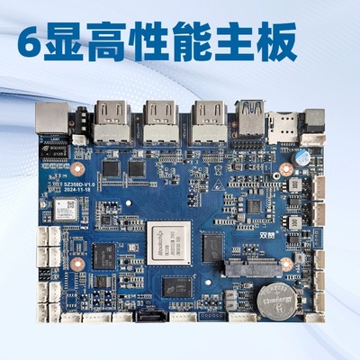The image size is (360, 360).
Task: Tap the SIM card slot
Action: click(283, 121)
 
